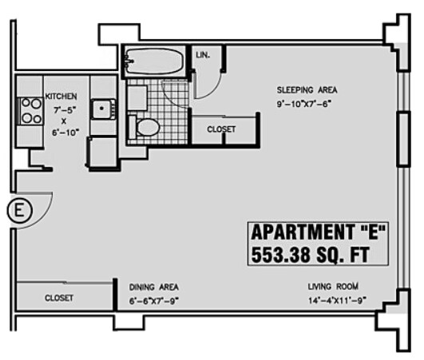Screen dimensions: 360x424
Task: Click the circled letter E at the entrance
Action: (18, 212)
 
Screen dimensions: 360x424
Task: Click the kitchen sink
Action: (102, 109)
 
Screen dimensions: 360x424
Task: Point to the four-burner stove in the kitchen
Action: (30, 110)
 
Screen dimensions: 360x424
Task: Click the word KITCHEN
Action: (61, 96)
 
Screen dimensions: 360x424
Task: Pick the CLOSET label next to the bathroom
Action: (221, 129)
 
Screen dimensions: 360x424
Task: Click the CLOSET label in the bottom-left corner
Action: (59, 298)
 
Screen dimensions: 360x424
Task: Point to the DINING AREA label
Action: (155, 287)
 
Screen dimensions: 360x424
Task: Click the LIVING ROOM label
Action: (333, 287)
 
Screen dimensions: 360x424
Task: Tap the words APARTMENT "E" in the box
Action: (319, 233)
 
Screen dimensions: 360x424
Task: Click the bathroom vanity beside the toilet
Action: (137, 97)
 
